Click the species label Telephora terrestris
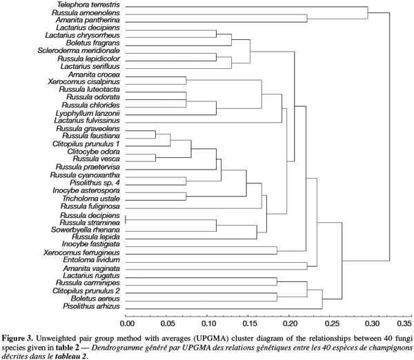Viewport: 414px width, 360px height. [x=88, y=5]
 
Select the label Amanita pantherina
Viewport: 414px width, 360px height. [x=88, y=20]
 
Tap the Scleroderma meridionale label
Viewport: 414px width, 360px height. [x=79, y=50]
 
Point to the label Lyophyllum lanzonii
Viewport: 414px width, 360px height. [x=88, y=113]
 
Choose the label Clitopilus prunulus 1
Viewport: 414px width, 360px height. [x=86, y=144]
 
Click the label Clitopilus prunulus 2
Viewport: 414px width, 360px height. [x=86, y=291]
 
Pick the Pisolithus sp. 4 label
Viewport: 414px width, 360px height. [x=95, y=183]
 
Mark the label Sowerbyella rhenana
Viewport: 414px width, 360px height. [x=86, y=230]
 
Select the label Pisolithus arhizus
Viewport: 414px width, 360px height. [x=91, y=306]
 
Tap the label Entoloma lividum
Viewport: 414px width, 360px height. [x=91, y=260]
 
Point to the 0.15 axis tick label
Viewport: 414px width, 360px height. [x=248, y=323]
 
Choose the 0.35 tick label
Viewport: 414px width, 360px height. [x=405, y=323]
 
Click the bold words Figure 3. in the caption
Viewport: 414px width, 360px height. [x=18, y=339]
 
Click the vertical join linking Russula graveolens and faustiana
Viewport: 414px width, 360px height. [x=155, y=134]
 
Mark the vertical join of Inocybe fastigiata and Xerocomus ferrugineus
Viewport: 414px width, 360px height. [x=277, y=250]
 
